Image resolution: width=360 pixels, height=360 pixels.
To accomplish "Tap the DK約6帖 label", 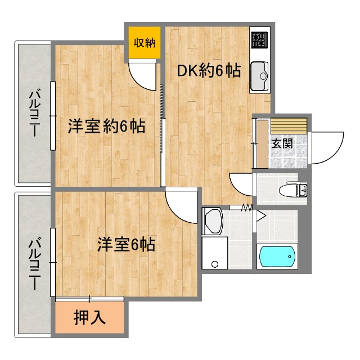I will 209,71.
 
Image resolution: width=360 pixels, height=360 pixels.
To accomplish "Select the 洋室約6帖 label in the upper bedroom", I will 107,126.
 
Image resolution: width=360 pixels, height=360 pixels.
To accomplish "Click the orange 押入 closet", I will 90,318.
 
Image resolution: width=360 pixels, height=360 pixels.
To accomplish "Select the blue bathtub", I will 277,256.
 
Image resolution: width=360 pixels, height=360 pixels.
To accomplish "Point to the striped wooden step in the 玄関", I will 289,125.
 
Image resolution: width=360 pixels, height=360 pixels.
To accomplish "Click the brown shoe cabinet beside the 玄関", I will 262,143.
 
